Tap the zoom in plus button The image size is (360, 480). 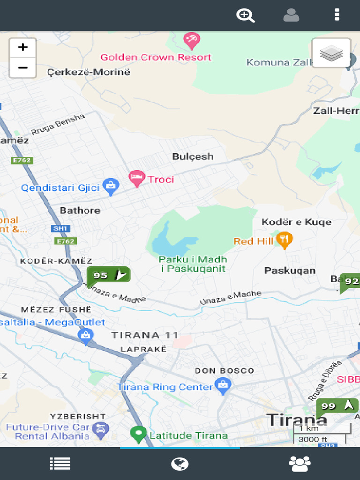point(22,47)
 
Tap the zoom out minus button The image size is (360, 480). point(22,68)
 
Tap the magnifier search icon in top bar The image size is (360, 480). point(245,15)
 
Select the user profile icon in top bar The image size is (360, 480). point(291,15)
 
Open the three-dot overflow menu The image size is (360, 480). point(337,15)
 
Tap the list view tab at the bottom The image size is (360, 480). point(60,464)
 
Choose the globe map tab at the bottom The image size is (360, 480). point(180,464)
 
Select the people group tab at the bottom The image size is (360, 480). point(300,464)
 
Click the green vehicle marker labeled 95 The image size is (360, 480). point(108,276)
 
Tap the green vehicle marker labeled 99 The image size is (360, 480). point(337,406)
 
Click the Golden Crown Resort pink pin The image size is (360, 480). point(191,40)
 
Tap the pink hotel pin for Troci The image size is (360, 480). point(136,178)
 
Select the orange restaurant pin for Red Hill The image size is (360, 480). point(284,240)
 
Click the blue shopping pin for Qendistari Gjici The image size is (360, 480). point(110,187)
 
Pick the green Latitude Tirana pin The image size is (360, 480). point(138,434)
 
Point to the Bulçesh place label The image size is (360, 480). point(193,157)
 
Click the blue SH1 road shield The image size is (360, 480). point(60,229)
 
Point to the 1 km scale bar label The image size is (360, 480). point(308,428)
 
